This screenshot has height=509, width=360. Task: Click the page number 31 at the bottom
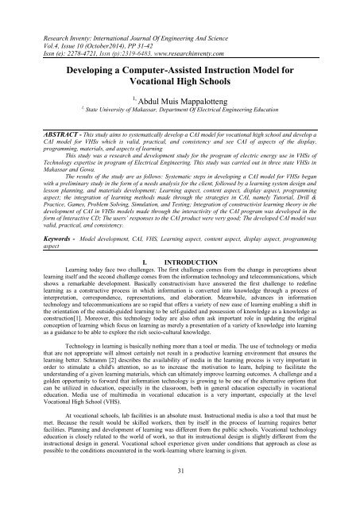(x=180, y=495)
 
